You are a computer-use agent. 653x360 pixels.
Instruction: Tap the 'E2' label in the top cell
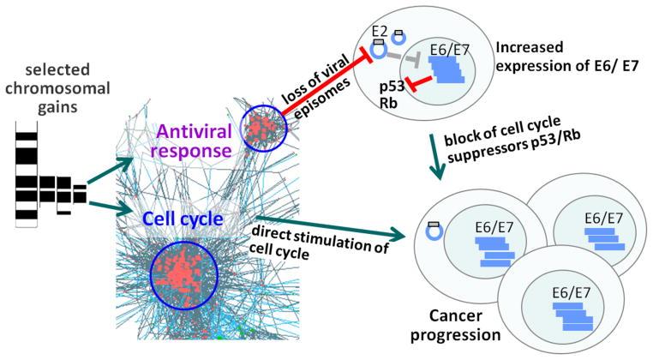coord(379,29)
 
